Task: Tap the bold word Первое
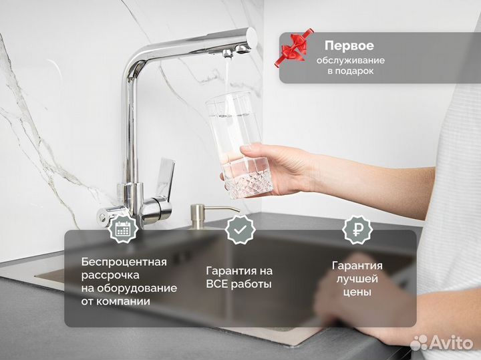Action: [349, 46]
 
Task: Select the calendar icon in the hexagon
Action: [122, 229]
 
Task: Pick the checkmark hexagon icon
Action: [239, 229]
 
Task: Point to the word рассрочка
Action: [110, 275]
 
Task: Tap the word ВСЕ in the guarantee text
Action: [218, 285]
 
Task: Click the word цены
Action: [355, 292]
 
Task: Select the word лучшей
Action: [355, 279]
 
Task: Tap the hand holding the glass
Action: [284, 167]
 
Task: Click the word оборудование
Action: [139, 288]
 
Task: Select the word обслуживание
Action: [350, 60]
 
